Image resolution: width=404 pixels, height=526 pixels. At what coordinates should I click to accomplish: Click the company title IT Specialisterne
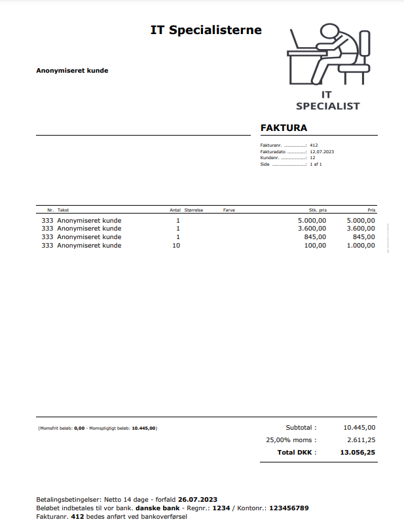[x=206, y=30]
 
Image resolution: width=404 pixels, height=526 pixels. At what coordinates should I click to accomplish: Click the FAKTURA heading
[x=284, y=128]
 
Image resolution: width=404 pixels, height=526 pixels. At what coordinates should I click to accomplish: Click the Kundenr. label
[x=270, y=158]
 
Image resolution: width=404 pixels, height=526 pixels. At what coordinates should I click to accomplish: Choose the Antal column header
[x=175, y=210]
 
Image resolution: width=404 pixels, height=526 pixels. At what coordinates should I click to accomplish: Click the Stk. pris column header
[x=318, y=210]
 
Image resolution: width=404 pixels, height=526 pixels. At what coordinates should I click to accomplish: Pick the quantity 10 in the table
[x=175, y=246]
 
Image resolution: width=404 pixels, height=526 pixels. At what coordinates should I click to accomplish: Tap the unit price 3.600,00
[x=312, y=229]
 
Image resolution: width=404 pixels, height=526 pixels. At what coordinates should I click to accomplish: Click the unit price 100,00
[x=314, y=246]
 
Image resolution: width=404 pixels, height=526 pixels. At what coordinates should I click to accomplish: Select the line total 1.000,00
[x=361, y=246]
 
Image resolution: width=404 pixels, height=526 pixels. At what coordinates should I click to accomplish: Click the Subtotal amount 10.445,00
[x=359, y=427]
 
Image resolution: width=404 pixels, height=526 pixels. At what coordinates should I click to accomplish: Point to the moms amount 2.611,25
[x=361, y=440]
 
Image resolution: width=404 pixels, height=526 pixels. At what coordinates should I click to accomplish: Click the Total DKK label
[x=297, y=452]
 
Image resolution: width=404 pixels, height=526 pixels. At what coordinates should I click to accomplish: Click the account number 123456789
[x=288, y=508]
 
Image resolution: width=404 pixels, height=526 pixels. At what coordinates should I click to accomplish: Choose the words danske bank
[x=156, y=508]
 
